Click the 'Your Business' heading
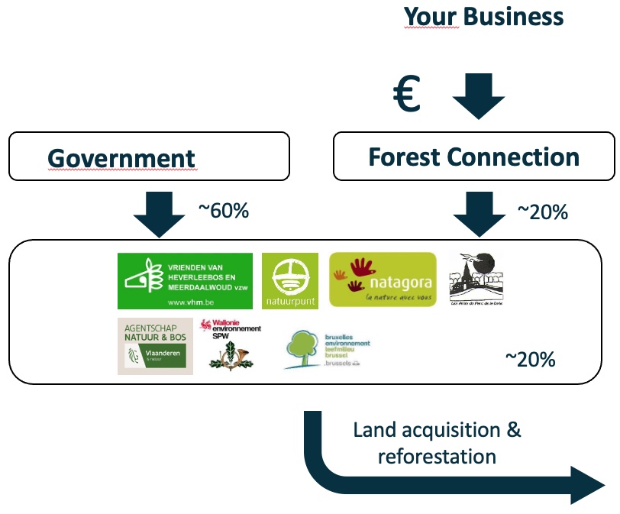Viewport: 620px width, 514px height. point(483,17)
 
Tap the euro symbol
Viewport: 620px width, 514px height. point(407,95)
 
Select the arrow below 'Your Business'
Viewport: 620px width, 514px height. point(478,95)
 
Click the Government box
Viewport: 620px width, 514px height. point(149,157)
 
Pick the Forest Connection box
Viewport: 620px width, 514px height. point(473,157)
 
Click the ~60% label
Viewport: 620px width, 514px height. point(223,211)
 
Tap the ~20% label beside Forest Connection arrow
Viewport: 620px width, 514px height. point(542,212)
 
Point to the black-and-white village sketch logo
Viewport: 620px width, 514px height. point(476,279)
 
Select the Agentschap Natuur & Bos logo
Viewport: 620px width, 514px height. point(155,346)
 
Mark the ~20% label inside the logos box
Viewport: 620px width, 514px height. point(530,359)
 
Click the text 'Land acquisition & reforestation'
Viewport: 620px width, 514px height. point(437,443)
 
